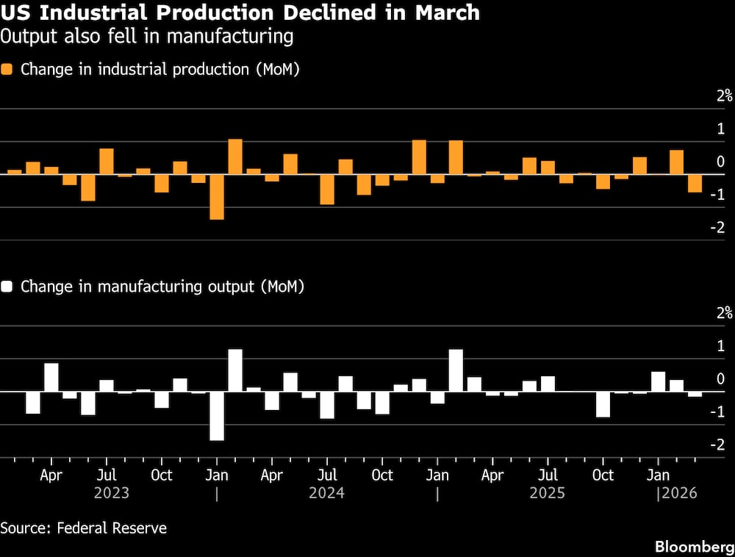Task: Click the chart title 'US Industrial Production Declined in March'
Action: (240, 13)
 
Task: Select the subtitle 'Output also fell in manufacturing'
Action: (146, 36)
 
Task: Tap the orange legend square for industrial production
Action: (7, 70)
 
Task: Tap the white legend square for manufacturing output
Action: (7, 287)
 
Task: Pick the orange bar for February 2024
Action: (235, 157)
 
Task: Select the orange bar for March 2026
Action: (695, 183)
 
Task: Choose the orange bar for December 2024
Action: (419, 157)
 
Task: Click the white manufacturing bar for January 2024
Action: (217, 416)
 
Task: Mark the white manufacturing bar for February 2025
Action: (456, 370)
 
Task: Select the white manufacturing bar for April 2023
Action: (51, 377)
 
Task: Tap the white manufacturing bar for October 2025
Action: (603, 404)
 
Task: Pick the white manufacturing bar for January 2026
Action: (659, 381)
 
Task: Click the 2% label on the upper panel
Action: (725, 95)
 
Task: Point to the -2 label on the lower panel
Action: (720, 445)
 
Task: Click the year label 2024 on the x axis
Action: (327, 492)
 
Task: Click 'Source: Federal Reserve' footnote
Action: (84, 528)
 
